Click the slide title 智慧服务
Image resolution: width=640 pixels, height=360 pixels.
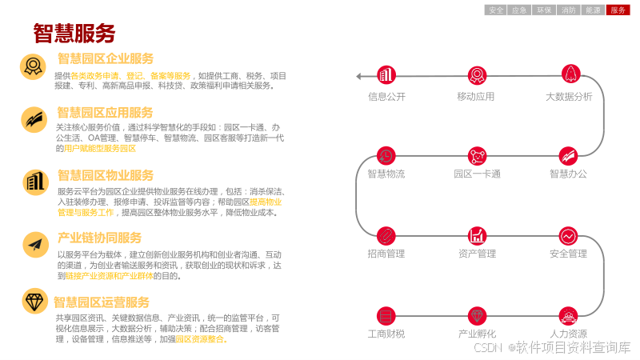74,33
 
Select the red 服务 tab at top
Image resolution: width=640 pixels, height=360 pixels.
618,10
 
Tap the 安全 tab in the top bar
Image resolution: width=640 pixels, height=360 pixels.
496,10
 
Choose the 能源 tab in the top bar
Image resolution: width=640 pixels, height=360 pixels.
594,10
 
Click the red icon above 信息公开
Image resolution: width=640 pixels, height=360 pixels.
386,75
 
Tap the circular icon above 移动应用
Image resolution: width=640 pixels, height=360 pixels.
478,75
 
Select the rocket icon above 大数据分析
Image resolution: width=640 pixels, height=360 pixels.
570,74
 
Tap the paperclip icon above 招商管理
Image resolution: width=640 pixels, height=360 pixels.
386,235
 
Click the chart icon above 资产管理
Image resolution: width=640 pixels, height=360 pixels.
478,235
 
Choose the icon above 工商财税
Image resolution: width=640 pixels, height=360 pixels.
386,315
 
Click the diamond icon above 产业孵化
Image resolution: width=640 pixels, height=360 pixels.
478,315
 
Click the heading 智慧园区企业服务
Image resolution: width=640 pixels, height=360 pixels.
105,58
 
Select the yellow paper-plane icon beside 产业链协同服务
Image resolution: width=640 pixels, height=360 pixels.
35,244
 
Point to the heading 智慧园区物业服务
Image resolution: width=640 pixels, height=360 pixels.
105,175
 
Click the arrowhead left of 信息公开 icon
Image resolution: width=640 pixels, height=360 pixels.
360,76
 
